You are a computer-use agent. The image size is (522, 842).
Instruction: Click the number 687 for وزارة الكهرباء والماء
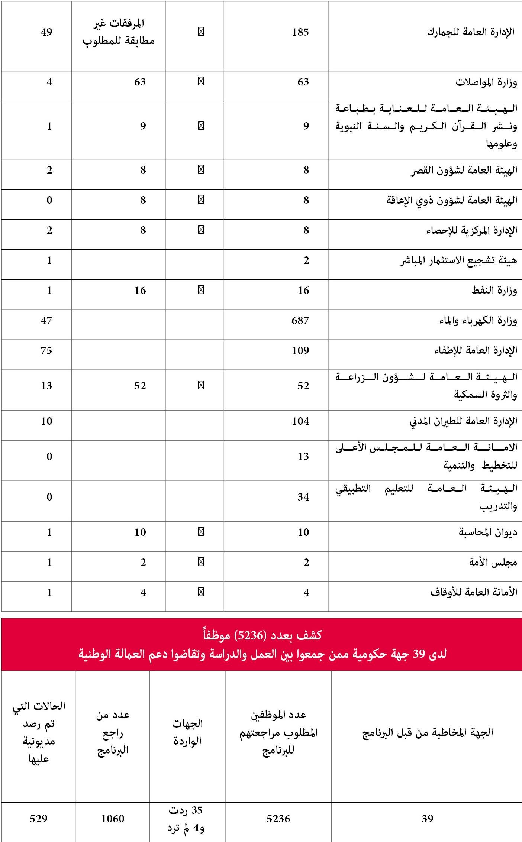coord(300,320)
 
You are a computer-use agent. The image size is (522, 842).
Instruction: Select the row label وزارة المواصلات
coord(486,82)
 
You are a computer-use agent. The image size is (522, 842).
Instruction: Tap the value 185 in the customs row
coord(300,32)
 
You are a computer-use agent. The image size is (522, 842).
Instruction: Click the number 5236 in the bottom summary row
coord(278,818)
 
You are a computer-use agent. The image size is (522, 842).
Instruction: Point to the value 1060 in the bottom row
coord(113,818)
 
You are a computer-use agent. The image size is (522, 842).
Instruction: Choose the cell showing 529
coord(39,818)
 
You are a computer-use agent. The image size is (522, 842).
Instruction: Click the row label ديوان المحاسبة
coord(488,532)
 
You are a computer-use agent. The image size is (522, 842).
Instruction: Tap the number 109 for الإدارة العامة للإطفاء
coord(300,350)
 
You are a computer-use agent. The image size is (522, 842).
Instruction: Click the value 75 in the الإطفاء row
coord(46,350)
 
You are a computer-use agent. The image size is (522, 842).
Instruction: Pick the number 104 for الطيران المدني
coord(300,421)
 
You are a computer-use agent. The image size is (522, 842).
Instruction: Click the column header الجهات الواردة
coord(187,732)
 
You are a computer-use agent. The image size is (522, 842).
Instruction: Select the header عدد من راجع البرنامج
coord(113,732)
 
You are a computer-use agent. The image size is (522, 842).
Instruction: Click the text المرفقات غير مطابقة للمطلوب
coord(118,32)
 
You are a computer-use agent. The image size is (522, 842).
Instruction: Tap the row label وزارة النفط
coord(494,291)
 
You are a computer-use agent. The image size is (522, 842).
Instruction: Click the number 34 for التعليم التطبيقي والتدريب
coord(303,497)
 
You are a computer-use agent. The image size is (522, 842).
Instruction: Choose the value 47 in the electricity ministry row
coord(46,320)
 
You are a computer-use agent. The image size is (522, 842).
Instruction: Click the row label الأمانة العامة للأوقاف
coord(474,592)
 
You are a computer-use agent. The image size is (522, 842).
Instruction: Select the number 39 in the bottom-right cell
coord(428,818)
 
